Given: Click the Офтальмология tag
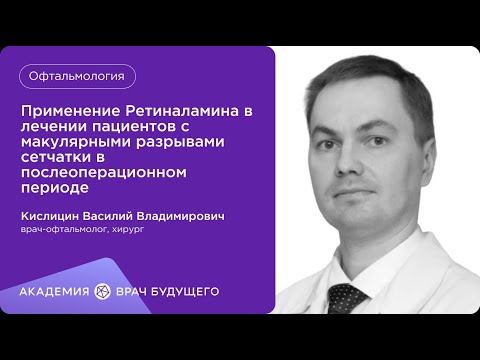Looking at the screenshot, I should [77, 75].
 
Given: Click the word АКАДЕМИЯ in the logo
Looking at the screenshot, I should [55, 291].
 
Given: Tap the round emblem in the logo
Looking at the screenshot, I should [100, 291].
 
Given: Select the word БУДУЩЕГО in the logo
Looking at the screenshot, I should [184, 291].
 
